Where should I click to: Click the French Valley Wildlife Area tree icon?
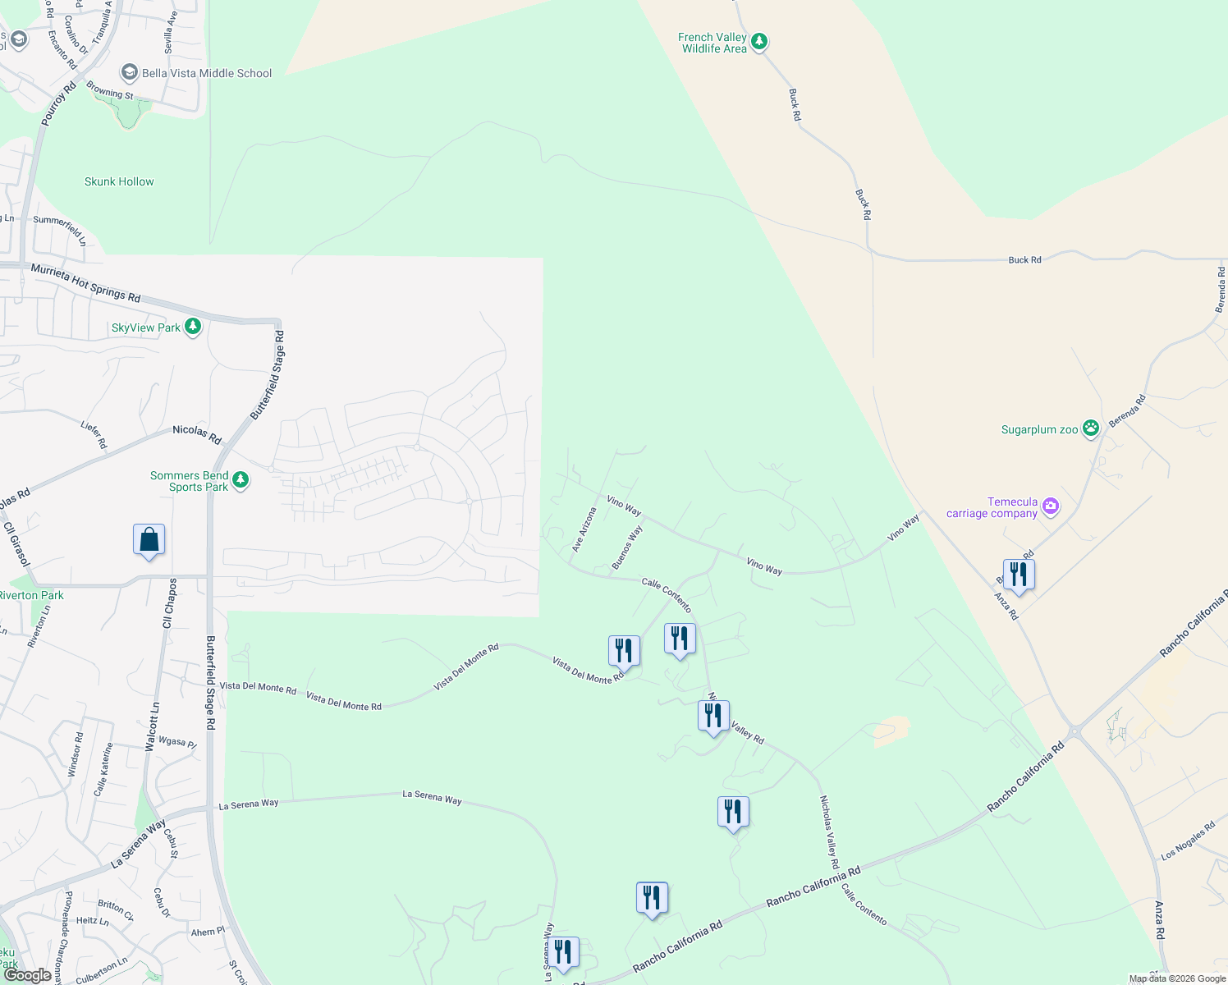tap(759, 41)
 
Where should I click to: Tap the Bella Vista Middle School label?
tap(207, 73)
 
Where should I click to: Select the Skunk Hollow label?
tap(119, 181)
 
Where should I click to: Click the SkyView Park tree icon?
tap(193, 328)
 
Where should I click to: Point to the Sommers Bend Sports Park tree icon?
tap(241, 479)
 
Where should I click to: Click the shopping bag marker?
tap(149, 540)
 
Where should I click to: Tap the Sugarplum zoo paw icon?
tap(1091, 428)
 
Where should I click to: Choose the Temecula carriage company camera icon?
tap(1051, 507)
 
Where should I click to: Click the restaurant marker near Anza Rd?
tap(1018, 575)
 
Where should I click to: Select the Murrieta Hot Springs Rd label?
tap(85, 282)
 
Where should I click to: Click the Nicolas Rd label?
tap(197, 435)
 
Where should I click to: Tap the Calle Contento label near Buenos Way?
tap(667, 594)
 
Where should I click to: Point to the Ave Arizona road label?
tap(584, 529)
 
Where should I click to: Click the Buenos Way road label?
tap(627, 547)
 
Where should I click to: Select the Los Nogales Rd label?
tap(1188, 841)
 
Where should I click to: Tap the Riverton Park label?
tap(31, 595)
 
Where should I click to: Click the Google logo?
tap(28, 975)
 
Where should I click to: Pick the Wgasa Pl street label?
tap(177, 742)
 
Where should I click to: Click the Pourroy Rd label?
tap(58, 103)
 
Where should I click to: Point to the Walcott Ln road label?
tap(152, 726)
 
